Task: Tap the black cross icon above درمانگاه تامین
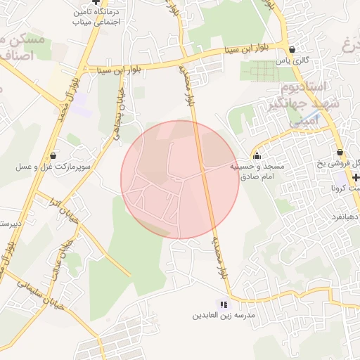click(96, 3)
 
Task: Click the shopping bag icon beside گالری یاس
click(292, 49)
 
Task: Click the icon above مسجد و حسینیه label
click(256, 156)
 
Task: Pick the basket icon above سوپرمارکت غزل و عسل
click(53, 155)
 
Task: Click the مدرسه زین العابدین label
click(223, 316)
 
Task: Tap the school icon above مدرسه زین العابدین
click(223, 304)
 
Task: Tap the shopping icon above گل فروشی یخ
click(340, 152)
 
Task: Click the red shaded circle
click(180, 179)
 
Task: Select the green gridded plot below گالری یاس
click(264, 72)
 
